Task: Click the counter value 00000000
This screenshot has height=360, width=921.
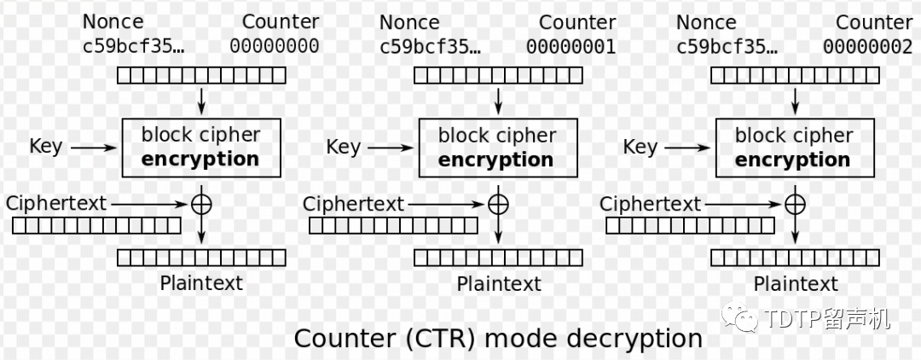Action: [274, 46]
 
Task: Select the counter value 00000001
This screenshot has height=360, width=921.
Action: [571, 46]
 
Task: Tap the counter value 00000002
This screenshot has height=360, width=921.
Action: [867, 46]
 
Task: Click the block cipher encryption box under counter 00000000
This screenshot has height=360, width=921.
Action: [200, 148]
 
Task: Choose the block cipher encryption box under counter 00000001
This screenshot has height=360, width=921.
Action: [497, 148]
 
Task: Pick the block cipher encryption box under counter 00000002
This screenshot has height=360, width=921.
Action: [794, 148]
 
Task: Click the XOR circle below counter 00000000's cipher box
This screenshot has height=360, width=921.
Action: [200, 205]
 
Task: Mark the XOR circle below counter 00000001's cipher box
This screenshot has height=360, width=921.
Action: [497, 205]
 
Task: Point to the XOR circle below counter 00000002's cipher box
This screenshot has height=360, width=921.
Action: [794, 205]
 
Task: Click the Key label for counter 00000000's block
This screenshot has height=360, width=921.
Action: [45, 146]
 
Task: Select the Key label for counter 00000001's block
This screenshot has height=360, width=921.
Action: [343, 146]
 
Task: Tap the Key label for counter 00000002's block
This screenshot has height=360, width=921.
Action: [640, 146]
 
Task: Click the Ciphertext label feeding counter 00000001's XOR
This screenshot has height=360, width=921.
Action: [353, 204]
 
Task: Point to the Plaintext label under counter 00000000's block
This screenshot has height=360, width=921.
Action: [201, 282]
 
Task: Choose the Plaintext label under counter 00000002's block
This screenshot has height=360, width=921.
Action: [796, 283]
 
